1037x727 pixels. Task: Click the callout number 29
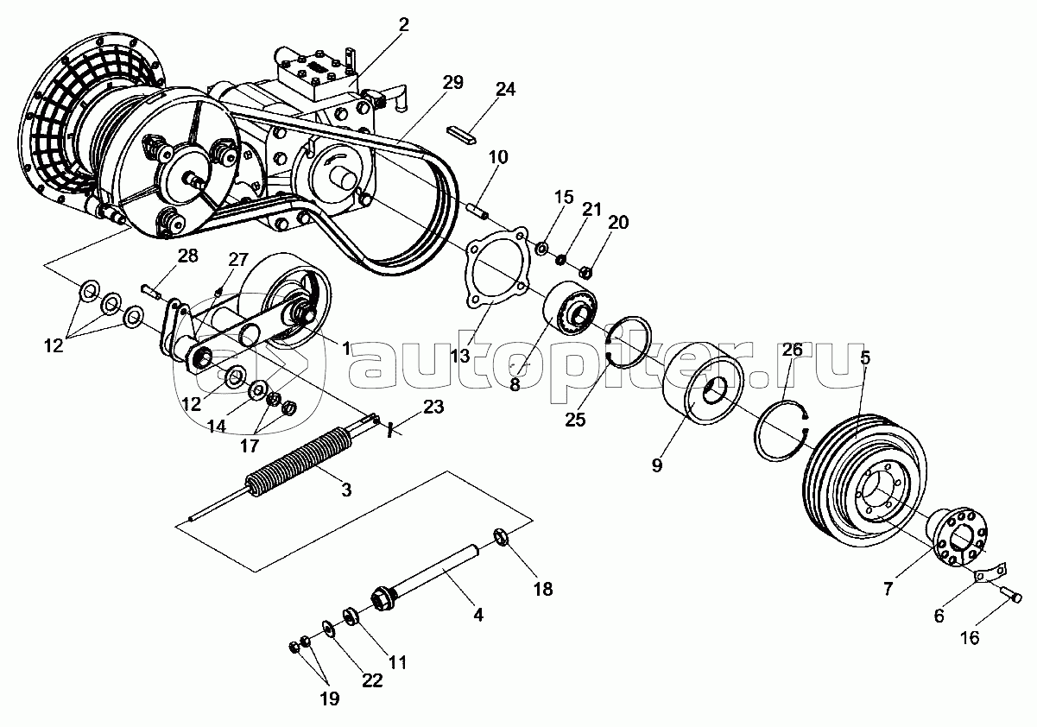tap(452, 83)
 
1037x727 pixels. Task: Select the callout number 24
tap(505, 89)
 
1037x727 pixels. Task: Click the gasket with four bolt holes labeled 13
tap(496, 268)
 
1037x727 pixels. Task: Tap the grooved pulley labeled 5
tap(865, 481)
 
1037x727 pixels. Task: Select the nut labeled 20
tap(585, 273)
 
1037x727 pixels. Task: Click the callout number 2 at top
tap(403, 24)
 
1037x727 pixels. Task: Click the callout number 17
tap(249, 446)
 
